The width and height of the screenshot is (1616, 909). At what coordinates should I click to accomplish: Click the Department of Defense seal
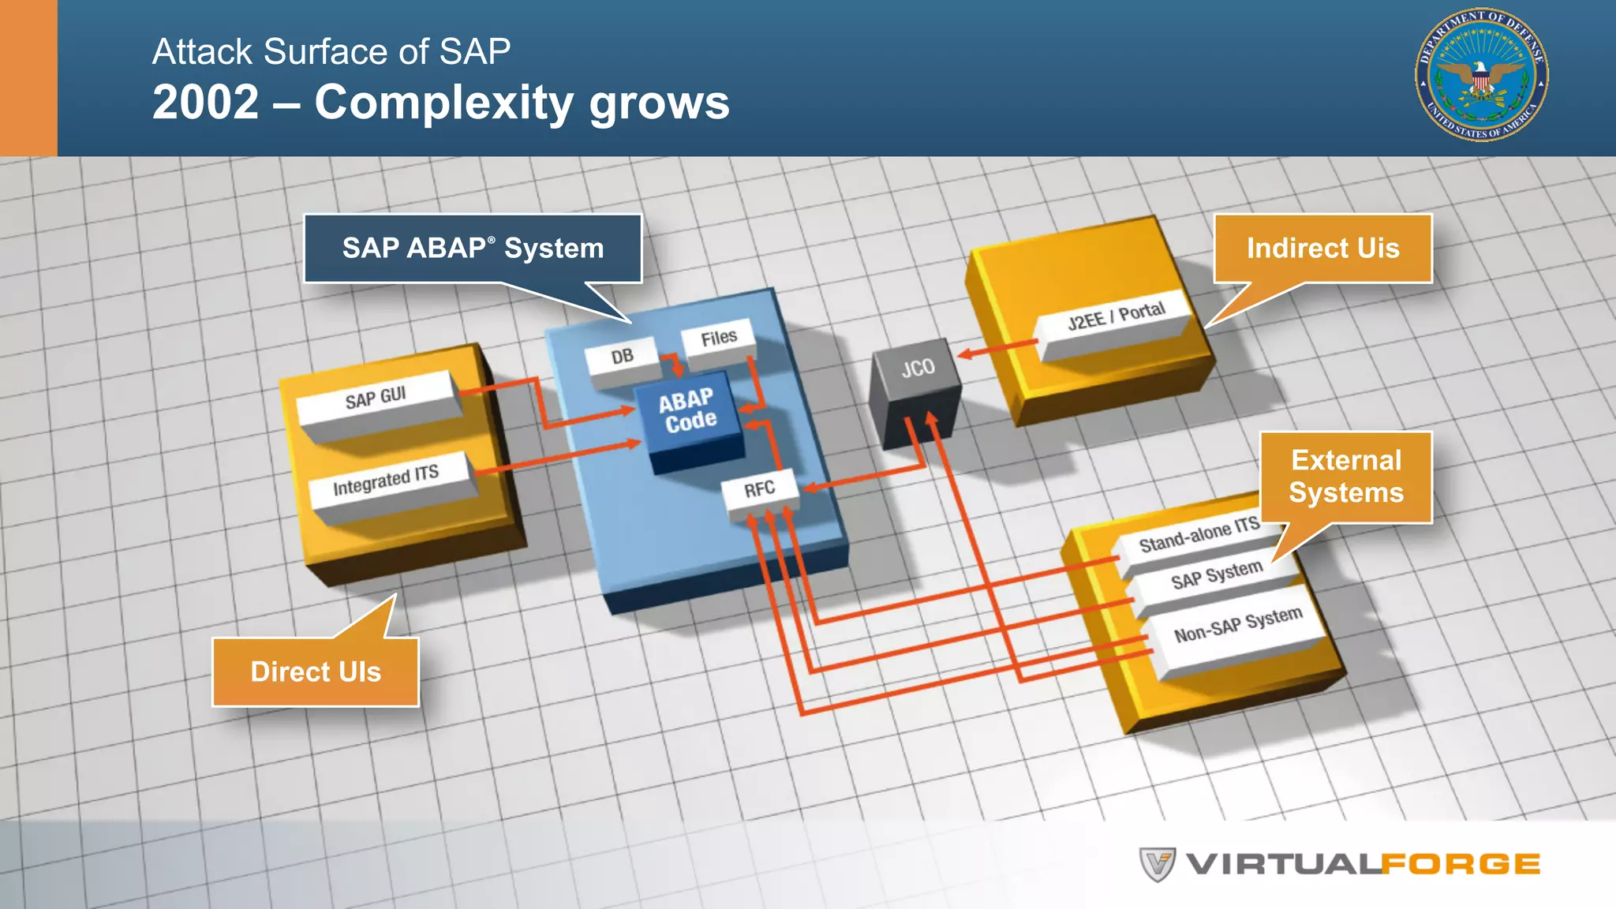tap(1481, 76)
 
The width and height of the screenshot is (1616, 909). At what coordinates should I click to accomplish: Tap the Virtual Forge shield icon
tap(1158, 865)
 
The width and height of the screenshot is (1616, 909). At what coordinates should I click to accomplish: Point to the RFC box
tap(760, 490)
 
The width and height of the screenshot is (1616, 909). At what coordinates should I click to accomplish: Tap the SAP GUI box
tap(376, 398)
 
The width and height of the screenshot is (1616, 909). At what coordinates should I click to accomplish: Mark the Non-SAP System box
tap(1238, 625)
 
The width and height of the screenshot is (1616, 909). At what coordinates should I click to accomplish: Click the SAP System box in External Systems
tap(1217, 576)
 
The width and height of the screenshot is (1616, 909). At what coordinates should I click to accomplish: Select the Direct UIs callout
tap(316, 671)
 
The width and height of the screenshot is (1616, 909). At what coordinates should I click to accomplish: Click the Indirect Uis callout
tap(1322, 249)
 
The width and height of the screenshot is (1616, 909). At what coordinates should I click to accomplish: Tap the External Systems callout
tap(1346, 477)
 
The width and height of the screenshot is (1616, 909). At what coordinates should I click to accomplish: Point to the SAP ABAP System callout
tap(473, 249)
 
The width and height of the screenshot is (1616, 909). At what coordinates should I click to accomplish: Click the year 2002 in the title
tap(206, 103)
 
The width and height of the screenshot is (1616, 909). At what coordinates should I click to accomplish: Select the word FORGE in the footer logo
tap(1460, 865)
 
